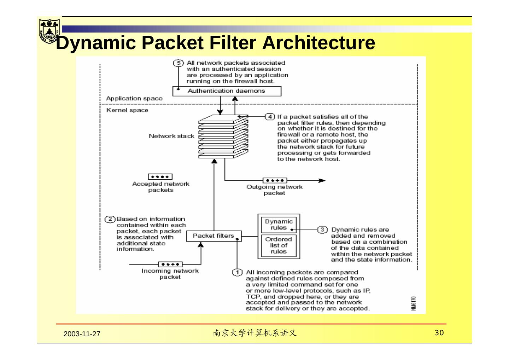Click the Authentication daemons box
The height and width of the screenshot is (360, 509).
pyautogui.click(x=227, y=91)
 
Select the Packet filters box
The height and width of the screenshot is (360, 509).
pyautogui.click(x=214, y=236)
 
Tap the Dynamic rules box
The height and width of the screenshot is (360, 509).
pyautogui.click(x=279, y=225)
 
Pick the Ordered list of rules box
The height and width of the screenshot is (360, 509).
pyautogui.click(x=279, y=246)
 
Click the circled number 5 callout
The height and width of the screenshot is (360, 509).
pyautogui.click(x=179, y=63)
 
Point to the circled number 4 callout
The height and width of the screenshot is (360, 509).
pyautogui.click(x=270, y=117)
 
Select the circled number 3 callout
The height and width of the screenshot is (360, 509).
pyautogui.click(x=322, y=230)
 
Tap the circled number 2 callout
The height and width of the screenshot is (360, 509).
pyautogui.click(x=110, y=219)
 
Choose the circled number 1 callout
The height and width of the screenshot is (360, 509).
pyautogui.click(x=237, y=272)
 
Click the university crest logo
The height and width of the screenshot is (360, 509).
pyautogui.click(x=49, y=31)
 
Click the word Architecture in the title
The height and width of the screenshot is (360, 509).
pyautogui.click(x=318, y=43)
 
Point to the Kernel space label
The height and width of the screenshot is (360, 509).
pyautogui.click(x=127, y=110)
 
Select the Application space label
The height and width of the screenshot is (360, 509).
pyautogui.click(x=134, y=98)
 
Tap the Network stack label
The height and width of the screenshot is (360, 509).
pyautogui.click(x=171, y=136)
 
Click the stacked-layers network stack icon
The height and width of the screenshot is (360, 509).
pyautogui.click(x=223, y=137)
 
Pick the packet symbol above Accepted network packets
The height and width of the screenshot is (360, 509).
pyautogui.click(x=160, y=176)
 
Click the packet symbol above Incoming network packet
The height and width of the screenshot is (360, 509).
pyautogui.click(x=170, y=264)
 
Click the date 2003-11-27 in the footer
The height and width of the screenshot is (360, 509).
pyautogui.click(x=82, y=334)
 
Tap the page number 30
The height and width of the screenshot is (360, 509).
pyautogui.click(x=439, y=333)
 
